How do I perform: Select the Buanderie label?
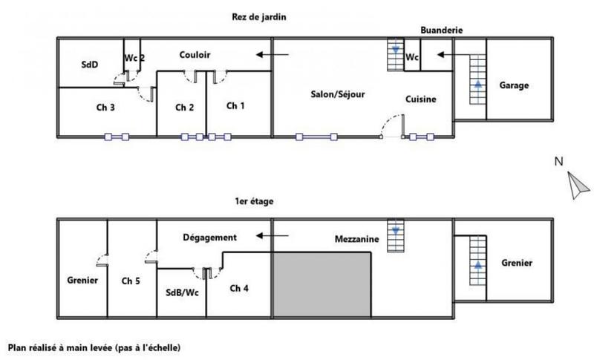coord(441,30)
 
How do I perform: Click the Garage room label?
coord(514,85)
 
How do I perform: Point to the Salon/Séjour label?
coord(337,94)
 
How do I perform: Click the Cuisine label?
coord(420,99)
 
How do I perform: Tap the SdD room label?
coord(89,65)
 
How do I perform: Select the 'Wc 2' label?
coord(134,58)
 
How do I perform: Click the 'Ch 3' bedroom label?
coord(105,107)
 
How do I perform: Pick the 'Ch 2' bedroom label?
coord(185,108)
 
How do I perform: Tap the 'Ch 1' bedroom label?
coord(235,106)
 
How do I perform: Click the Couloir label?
coord(195,55)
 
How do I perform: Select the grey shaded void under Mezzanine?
coord(322,282)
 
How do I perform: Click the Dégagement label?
coord(209,238)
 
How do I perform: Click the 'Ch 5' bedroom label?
coord(131,281)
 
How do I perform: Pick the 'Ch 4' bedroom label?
coord(239,288)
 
